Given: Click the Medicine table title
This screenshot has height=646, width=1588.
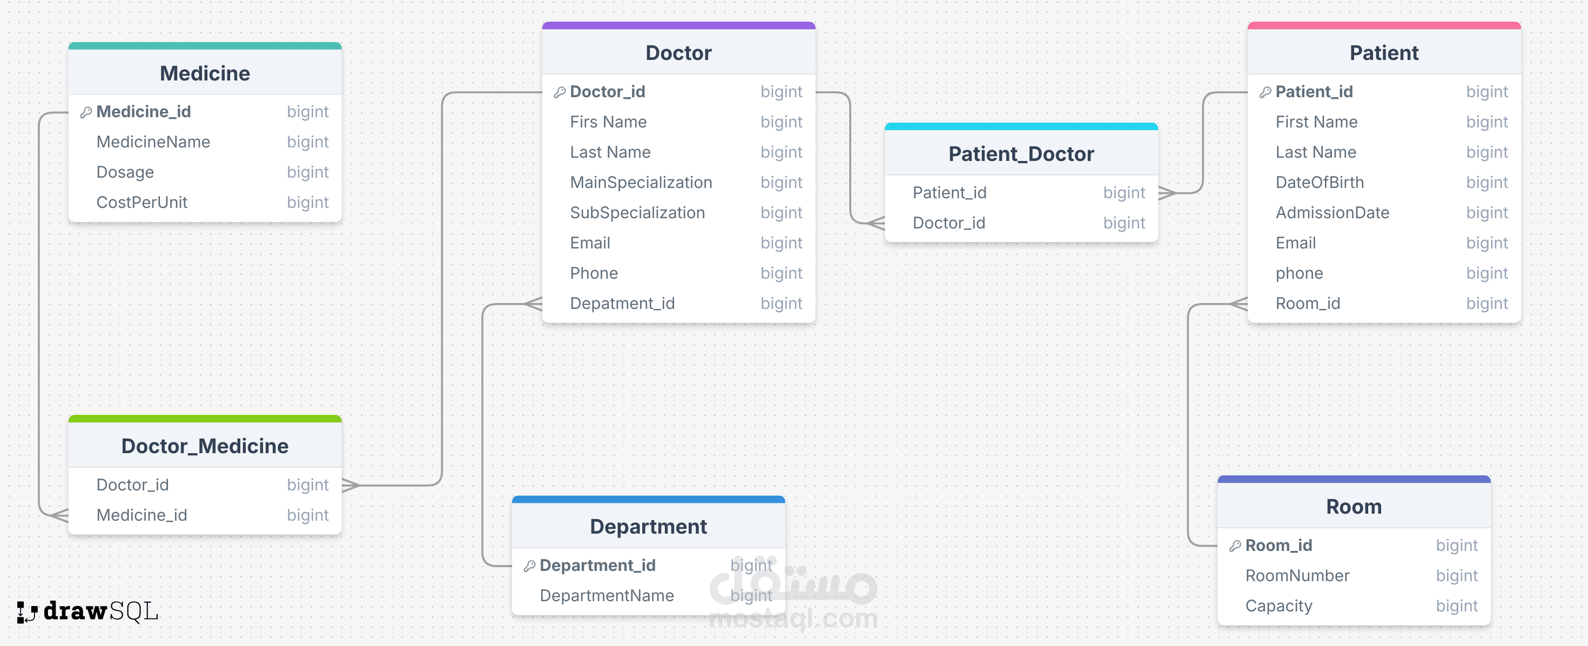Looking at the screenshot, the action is (x=205, y=73).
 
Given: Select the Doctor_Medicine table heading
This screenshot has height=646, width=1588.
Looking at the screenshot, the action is (x=205, y=446).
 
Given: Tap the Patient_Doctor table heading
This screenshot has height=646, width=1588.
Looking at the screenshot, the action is (x=1021, y=153).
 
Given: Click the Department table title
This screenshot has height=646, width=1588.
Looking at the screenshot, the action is (x=648, y=527).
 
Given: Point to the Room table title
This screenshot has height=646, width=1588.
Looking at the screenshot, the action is (x=1354, y=507).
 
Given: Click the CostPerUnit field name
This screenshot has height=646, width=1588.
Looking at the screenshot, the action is (x=142, y=202).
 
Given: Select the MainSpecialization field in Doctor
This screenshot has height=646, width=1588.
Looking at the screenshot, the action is (x=641, y=183).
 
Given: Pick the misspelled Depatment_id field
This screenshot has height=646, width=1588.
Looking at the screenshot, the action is (x=623, y=303).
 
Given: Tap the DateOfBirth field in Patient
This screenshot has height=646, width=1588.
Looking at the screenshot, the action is (x=1320, y=183).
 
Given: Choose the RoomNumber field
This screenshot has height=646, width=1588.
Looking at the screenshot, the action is (x=1297, y=576).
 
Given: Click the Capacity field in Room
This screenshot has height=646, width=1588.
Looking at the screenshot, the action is (x=1279, y=606).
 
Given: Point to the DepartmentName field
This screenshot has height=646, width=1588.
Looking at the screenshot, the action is (x=607, y=595).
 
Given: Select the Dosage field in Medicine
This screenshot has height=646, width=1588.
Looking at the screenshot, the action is (x=125, y=172).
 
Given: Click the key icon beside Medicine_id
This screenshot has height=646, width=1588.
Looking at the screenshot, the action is (x=86, y=112).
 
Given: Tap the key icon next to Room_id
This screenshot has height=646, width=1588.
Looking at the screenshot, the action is (x=1235, y=546).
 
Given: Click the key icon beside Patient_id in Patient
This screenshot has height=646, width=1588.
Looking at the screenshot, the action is (x=1266, y=92).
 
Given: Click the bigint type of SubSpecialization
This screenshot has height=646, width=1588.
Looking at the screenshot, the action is (x=781, y=213).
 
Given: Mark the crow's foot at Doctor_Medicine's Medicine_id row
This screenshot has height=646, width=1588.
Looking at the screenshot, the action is (x=59, y=515).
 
